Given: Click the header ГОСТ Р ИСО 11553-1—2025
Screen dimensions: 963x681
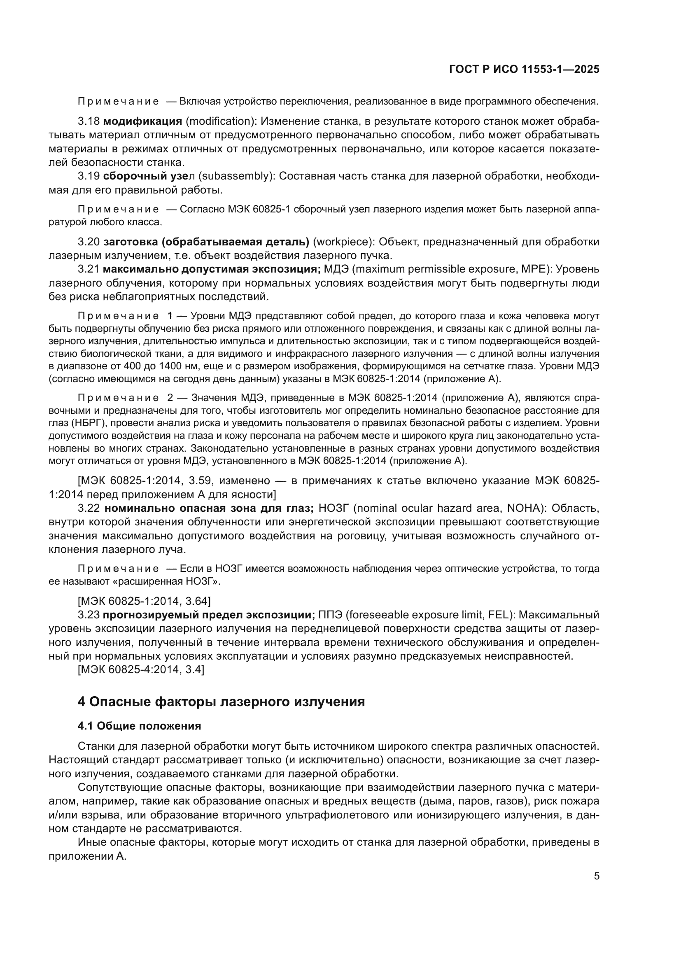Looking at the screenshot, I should pyautogui.click(x=524, y=69).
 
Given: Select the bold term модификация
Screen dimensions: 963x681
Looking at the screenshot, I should pyautogui.click(x=142, y=121).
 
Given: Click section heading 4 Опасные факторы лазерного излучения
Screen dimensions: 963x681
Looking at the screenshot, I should pyautogui.click(x=221, y=702).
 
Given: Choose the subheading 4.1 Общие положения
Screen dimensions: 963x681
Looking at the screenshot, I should pyautogui.click(x=139, y=726).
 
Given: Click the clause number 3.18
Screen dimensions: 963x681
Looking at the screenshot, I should pyautogui.click(x=89, y=121).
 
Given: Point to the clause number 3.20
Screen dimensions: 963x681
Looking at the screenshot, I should pyautogui.click(x=89, y=242).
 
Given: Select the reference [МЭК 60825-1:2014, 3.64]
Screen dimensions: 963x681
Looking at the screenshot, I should pyautogui.click(x=144, y=602).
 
